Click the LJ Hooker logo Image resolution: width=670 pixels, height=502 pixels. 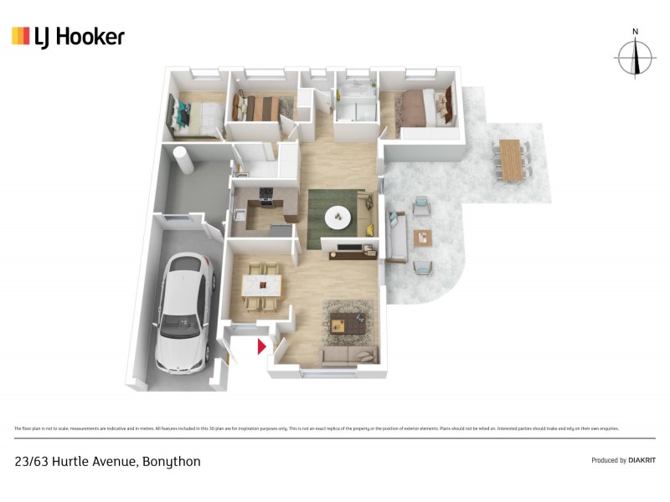tap(68, 36)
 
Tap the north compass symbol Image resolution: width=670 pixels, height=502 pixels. tap(636, 56)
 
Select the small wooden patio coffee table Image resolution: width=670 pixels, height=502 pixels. tap(425, 237)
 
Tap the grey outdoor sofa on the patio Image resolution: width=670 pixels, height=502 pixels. tap(394, 237)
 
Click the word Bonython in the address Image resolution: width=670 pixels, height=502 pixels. tap(171, 461)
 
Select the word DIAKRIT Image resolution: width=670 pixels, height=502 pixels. tap(642, 460)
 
